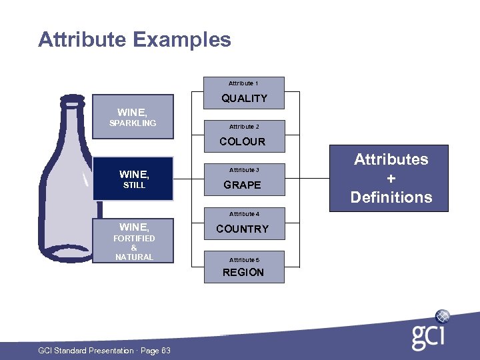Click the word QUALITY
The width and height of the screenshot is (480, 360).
click(x=244, y=99)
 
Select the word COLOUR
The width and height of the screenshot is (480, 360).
click(x=243, y=142)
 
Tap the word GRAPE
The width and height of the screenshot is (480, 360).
click(x=243, y=185)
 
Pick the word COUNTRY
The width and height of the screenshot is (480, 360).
click(x=243, y=229)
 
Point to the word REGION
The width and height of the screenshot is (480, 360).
click(x=243, y=272)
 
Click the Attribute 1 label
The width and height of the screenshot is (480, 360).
click(x=243, y=83)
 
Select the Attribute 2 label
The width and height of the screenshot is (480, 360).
click(x=244, y=127)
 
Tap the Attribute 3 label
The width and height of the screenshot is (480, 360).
click(x=244, y=170)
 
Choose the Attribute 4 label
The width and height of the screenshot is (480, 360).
click(x=244, y=214)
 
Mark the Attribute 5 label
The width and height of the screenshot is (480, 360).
click(x=244, y=260)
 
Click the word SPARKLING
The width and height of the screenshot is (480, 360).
click(x=133, y=123)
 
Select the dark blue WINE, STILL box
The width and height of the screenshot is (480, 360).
click(x=133, y=179)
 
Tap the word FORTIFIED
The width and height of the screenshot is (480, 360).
click(x=134, y=238)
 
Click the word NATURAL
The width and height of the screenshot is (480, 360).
click(x=134, y=257)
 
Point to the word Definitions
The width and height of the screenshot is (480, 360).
click(x=391, y=197)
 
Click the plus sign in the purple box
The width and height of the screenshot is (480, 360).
click(x=391, y=179)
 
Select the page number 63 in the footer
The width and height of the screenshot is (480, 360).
click(x=166, y=351)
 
